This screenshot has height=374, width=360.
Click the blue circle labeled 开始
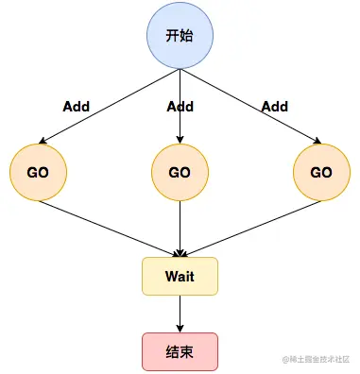click(x=180, y=37)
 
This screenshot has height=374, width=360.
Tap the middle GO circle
click(x=180, y=173)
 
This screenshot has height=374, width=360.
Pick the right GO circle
click(x=321, y=173)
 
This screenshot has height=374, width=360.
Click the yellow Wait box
click(x=180, y=276)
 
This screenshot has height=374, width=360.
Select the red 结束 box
click(x=180, y=351)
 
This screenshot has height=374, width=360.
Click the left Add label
click(x=76, y=107)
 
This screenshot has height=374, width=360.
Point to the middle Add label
click(x=180, y=107)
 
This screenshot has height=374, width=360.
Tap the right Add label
click(x=274, y=107)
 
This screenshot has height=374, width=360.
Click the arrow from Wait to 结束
click(x=180, y=314)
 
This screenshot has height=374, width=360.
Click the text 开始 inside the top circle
click(x=180, y=37)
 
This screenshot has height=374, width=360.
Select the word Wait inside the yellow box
click(x=180, y=276)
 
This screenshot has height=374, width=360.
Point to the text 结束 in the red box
click(x=180, y=351)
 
